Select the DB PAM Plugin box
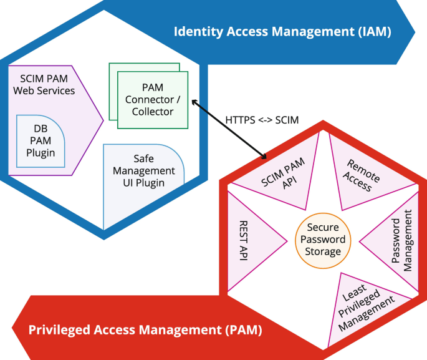pos(41,141)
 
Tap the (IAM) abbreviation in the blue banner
pos(372,32)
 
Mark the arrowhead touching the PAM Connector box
pos(194,102)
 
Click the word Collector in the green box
pos(153,112)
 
